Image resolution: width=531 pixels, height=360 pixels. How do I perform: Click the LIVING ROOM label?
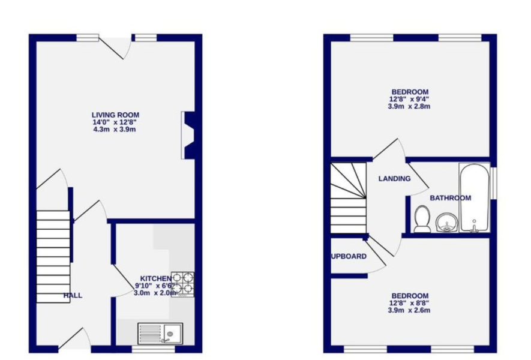115,115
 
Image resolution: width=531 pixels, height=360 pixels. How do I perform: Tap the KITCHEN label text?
155,278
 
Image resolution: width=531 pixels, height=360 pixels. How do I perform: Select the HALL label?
73,295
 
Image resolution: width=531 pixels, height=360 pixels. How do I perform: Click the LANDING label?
394,178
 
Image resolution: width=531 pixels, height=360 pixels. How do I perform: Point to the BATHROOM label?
450,197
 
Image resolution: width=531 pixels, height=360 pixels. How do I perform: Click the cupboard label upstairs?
349,256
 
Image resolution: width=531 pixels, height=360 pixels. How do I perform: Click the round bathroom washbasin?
446,223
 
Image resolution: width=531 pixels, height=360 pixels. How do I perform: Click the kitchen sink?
160,332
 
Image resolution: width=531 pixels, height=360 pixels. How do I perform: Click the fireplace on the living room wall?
188,135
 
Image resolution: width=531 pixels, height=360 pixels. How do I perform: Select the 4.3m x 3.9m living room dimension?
115,130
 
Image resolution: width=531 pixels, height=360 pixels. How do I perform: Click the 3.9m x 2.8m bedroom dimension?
410,106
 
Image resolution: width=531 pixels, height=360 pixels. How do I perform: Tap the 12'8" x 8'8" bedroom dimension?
410,303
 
